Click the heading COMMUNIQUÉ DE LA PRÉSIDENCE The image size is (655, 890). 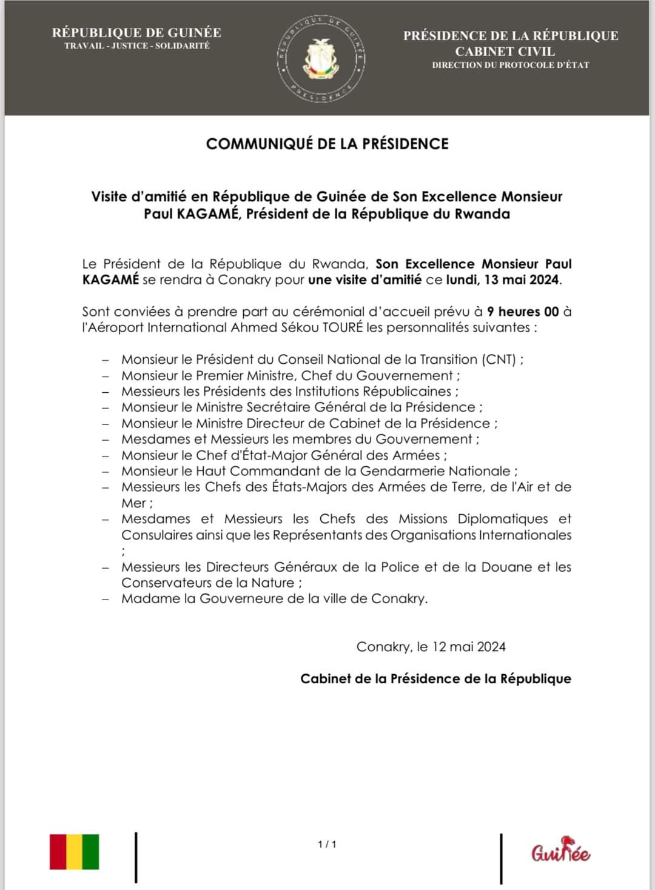(327, 144)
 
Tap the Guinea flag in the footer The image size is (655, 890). (74, 852)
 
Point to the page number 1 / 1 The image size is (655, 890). (327, 844)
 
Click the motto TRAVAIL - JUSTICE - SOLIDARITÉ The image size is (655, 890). (137, 46)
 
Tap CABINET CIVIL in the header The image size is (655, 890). (505, 51)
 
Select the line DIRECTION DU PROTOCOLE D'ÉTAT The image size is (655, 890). (510, 65)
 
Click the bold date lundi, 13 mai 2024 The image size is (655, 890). (502, 279)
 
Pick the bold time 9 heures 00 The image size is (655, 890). (523, 312)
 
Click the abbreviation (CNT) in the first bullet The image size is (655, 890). (499, 360)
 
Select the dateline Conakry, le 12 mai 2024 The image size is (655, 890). (431, 646)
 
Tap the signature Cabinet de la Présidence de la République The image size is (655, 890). (435, 678)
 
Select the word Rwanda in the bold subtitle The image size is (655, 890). (482, 213)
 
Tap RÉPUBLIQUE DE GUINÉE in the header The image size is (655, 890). (136, 33)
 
